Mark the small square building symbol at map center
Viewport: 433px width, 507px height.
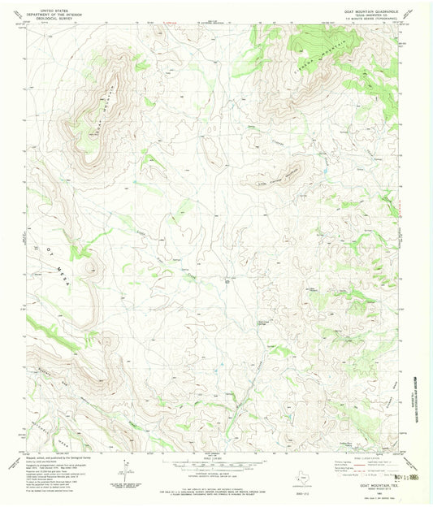click(227, 281)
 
